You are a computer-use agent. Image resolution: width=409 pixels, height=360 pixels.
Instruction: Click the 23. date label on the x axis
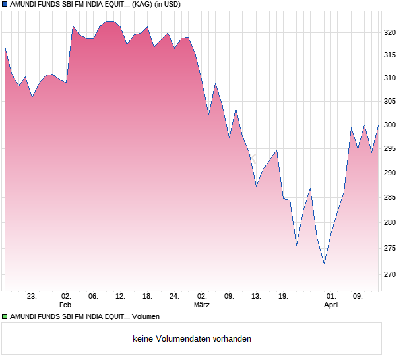31,296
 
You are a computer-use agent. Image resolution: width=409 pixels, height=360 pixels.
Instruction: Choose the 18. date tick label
147,296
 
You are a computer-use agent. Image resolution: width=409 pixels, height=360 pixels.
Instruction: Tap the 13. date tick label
256,296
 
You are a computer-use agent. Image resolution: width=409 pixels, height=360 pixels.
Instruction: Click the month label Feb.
65,305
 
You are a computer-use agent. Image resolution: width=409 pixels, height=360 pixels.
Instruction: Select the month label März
202,305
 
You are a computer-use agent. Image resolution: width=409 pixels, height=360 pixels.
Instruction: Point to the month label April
331,305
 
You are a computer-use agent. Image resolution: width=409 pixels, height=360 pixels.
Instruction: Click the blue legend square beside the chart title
5,5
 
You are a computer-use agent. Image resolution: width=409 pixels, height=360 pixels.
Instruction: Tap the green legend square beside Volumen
5,317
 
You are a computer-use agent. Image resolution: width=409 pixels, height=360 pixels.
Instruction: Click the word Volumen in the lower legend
146,317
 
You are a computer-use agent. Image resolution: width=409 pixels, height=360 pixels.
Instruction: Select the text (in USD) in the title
163,5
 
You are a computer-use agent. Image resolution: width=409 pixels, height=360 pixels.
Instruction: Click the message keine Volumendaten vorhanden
192,339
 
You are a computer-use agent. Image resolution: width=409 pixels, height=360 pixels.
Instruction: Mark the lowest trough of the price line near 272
324,264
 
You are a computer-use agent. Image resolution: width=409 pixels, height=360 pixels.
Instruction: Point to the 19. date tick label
283,296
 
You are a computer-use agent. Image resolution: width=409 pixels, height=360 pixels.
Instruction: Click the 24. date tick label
174,296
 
